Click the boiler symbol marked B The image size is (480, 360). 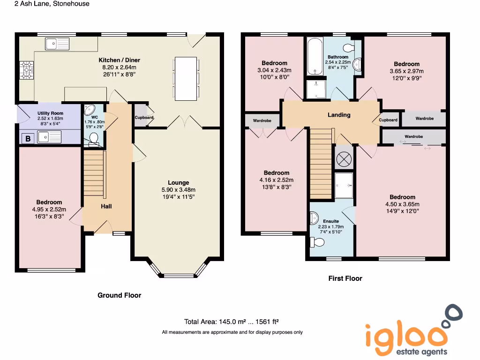click(x=28, y=138)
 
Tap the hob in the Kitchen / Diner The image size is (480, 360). click(x=26, y=70)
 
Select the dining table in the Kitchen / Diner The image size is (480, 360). click(x=186, y=78)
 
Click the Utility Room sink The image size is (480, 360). click(x=50, y=137)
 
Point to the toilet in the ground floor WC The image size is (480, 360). click(x=94, y=138)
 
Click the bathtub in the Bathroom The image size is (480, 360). click(x=314, y=57)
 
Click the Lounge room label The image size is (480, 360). click(x=179, y=183)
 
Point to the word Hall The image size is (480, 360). click(x=106, y=206)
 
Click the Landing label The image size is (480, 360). click(x=338, y=115)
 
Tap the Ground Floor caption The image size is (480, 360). click(x=119, y=295)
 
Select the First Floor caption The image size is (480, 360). click(x=345, y=278)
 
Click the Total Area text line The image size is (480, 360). click(x=232, y=322)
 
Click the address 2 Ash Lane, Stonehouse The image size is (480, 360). click(x=45, y=4)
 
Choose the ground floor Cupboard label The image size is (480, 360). click(x=144, y=118)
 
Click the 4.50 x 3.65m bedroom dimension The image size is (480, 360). click(x=402, y=204)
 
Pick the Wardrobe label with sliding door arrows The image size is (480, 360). click(x=413, y=136)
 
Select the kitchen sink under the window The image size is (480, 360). click(x=57, y=44)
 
